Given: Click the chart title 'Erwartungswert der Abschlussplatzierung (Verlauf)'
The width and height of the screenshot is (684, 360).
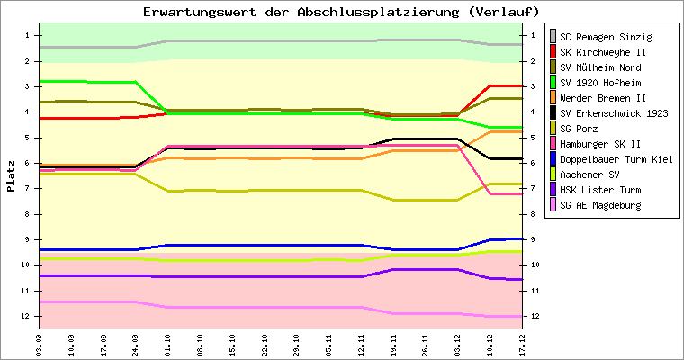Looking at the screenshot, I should coord(342,12).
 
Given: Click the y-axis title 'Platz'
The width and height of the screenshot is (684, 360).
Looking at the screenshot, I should coord(11,176).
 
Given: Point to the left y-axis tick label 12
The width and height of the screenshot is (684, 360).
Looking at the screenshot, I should coord(28,317).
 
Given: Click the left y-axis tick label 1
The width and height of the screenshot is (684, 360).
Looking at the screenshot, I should coord(29,35).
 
